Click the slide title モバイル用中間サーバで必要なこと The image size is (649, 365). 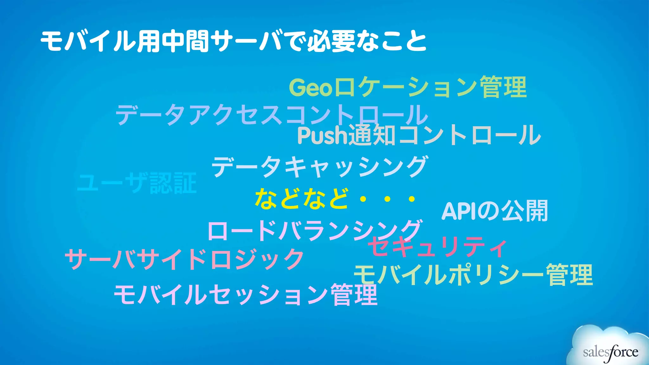click(234, 41)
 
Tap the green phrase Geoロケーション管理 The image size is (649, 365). click(408, 87)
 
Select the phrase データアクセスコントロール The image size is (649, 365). click(272, 114)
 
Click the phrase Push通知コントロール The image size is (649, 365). click(419, 135)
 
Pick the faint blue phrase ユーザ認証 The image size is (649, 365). click(137, 183)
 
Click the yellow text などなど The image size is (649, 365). click(302, 199)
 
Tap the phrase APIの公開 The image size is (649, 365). click(494, 211)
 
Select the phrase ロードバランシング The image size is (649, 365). click(314, 231)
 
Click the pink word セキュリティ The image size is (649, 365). click(437, 247)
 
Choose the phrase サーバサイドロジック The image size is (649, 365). click(184, 259)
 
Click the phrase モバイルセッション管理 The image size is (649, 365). click(246, 295)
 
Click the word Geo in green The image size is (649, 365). click(311, 88)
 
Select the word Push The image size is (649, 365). click(323, 136)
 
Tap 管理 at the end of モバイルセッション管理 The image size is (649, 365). click(354, 295)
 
